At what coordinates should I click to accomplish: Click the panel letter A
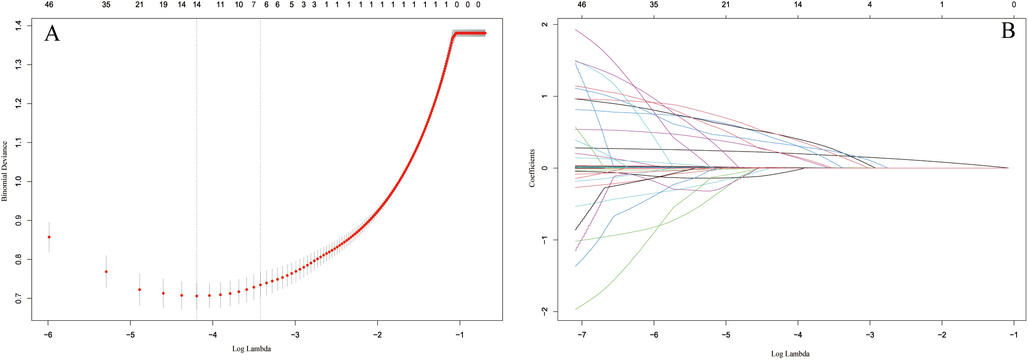tap(52, 33)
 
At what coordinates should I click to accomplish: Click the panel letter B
tap(1008, 31)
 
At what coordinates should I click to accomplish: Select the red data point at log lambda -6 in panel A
tap(49, 237)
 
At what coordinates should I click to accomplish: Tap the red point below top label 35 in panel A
tap(106, 272)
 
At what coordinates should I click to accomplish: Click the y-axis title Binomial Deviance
tap(4, 171)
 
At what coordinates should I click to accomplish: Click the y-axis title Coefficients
tap(532, 168)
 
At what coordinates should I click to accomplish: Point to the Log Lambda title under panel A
tap(251, 349)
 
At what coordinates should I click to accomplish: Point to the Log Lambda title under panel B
tap(790, 354)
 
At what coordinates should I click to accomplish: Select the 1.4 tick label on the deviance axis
tap(18, 26)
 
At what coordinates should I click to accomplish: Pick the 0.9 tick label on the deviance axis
tap(18, 220)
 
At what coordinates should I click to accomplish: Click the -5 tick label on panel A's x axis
tap(130, 335)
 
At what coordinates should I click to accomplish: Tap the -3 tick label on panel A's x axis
tap(295, 335)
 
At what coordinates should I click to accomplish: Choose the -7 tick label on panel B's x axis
tap(581, 335)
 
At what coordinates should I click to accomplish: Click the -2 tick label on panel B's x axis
tap(942, 335)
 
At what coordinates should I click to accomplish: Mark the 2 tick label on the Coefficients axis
tap(545, 25)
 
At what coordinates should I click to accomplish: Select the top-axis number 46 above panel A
tap(49, 5)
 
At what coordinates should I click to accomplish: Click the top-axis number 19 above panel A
tap(163, 5)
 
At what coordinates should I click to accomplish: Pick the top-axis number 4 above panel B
tap(870, 5)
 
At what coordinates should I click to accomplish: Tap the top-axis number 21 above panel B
tap(726, 5)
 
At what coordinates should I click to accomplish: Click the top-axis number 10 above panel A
tap(239, 5)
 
